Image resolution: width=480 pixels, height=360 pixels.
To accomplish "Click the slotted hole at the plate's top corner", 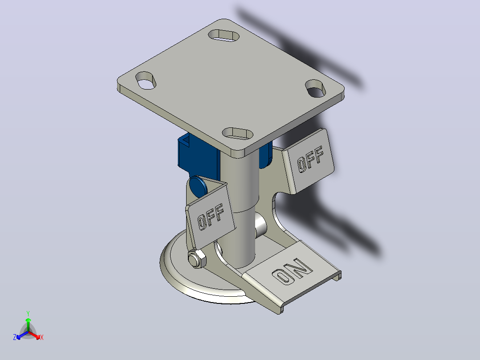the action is [x=224, y=35].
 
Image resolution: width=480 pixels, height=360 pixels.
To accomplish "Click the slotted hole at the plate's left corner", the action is [x=146, y=80].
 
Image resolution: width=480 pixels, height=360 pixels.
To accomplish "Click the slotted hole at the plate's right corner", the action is [x=316, y=88].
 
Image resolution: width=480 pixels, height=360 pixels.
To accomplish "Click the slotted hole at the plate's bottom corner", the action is [x=238, y=134].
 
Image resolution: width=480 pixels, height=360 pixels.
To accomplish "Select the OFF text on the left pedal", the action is [x=211, y=217].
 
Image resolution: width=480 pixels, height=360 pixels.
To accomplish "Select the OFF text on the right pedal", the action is [x=310, y=159].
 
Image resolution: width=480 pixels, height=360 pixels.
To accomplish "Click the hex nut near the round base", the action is [x=197, y=259].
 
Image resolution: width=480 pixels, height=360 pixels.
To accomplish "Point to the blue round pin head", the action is [x=198, y=186].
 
